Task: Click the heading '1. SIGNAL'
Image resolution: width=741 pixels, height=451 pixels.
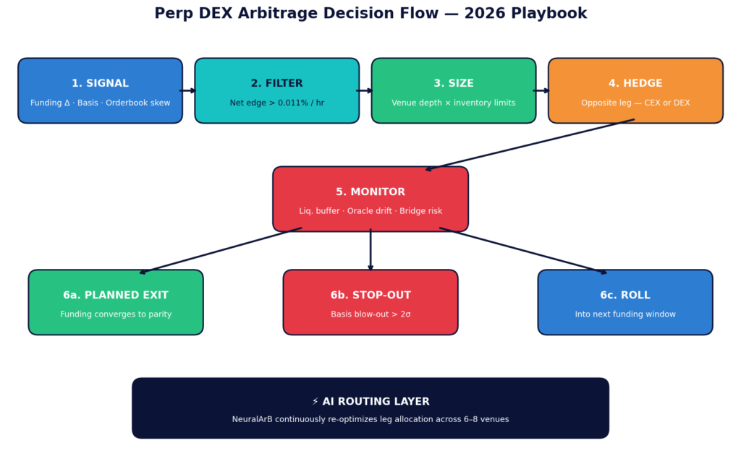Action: coord(100,84)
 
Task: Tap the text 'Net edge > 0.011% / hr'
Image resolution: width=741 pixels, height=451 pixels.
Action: coord(277,103)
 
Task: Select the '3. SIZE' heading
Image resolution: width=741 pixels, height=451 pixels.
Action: coord(454,84)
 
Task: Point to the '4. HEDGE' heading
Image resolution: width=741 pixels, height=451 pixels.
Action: coord(635,84)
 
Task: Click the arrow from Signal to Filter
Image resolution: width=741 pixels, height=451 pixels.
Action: coord(188,91)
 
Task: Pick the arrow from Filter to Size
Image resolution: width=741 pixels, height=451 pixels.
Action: coord(365,91)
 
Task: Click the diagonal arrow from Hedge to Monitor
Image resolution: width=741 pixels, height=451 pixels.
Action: coord(530,145)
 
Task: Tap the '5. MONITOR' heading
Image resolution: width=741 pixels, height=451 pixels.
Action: coord(370,192)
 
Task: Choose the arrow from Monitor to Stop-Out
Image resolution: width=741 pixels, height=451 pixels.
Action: coord(370,250)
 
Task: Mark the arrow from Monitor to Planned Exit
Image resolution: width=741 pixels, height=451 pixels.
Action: coord(220,251)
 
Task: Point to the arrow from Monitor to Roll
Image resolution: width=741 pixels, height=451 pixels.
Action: coord(523,251)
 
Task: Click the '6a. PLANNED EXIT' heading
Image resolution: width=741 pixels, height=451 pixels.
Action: coord(116,296)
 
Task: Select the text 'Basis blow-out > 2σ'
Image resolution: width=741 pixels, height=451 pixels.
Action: coord(370,314)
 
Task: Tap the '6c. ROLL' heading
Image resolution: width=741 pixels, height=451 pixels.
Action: coord(625,296)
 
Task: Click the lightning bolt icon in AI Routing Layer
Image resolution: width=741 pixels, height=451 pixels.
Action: coord(316,402)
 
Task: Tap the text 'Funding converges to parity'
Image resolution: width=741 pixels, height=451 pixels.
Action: coord(116,314)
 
